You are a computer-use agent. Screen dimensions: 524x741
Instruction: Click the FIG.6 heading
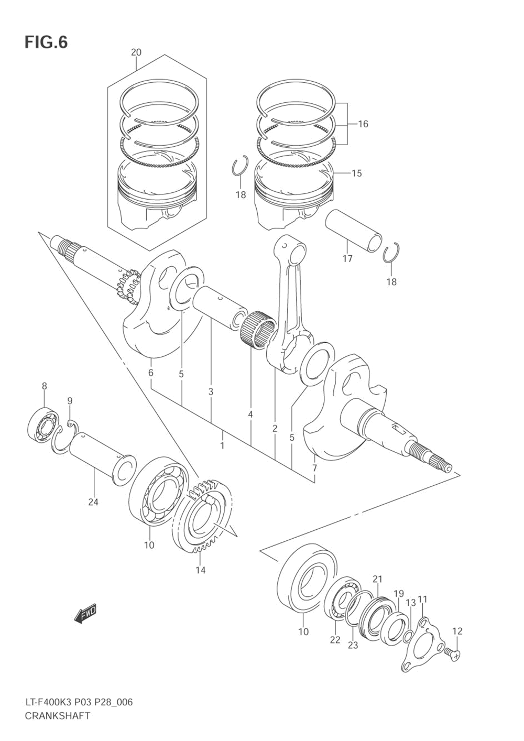click(46, 42)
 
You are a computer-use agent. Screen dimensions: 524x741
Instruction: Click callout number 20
click(136, 52)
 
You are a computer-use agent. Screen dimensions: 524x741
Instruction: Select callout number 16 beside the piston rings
click(363, 124)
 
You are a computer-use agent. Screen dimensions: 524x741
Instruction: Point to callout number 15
click(356, 173)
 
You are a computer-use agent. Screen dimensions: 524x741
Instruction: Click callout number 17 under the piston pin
click(347, 258)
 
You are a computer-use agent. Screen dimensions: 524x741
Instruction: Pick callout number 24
click(93, 502)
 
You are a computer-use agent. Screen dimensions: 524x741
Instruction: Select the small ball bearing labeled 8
click(42, 426)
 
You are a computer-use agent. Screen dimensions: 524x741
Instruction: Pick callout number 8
click(45, 386)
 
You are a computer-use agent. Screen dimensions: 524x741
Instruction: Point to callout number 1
click(222, 445)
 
